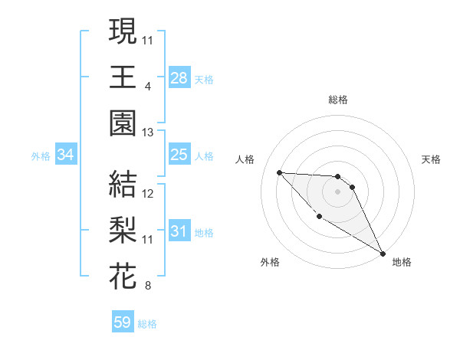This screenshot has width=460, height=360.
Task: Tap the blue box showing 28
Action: (x=179, y=77)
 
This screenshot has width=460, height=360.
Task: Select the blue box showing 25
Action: (x=179, y=155)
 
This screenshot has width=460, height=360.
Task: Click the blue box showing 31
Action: (x=179, y=232)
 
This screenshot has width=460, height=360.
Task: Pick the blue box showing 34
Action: (x=66, y=155)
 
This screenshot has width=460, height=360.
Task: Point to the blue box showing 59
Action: (x=123, y=322)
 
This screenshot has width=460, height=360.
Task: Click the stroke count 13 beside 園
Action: (x=148, y=133)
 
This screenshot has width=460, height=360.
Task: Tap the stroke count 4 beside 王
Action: (x=147, y=86)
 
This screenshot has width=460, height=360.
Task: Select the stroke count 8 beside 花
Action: (x=147, y=286)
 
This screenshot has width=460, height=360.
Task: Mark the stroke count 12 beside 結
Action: (x=148, y=194)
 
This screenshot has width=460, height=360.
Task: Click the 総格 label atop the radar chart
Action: (x=337, y=100)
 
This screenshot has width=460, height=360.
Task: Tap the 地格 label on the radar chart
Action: (x=402, y=262)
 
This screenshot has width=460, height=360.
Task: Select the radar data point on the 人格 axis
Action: (x=280, y=172)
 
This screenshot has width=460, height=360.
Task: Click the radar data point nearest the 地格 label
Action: (x=383, y=254)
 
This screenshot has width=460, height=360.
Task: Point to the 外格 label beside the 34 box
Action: (x=41, y=156)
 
